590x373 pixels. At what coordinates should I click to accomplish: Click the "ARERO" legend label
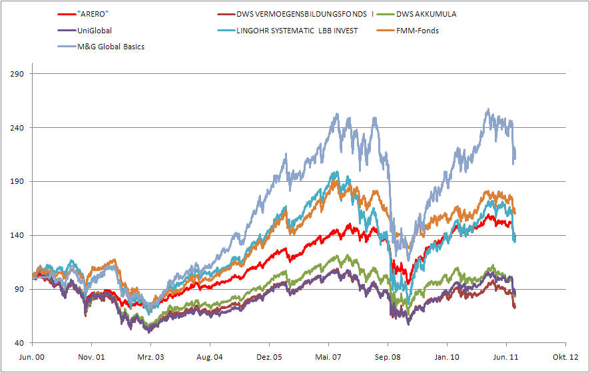point(94,14)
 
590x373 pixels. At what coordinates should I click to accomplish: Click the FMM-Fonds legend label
point(418,31)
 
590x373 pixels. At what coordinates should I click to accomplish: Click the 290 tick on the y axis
point(17,74)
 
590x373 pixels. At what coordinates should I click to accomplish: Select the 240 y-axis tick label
point(17,128)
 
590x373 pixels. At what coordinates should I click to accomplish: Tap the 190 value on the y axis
point(17,182)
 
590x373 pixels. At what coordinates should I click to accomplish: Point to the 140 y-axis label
point(17,236)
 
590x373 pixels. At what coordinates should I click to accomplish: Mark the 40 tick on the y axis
point(19,343)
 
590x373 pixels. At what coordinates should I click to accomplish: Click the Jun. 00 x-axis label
point(33,357)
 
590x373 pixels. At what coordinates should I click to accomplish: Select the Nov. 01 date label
point(92,357)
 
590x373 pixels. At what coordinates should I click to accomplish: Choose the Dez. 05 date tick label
point(269,357)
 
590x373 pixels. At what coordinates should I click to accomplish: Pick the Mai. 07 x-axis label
point(328,357)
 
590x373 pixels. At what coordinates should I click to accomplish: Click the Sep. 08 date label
point(388,357)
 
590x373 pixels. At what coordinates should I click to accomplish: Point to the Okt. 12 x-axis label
point(565,357)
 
